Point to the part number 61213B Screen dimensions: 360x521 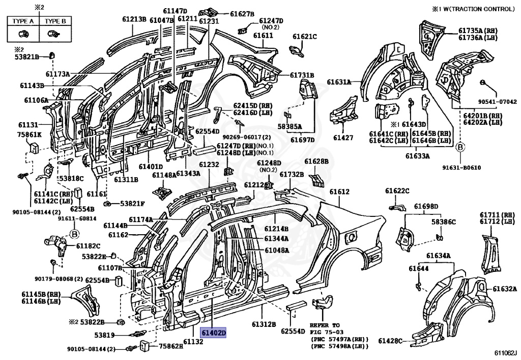tap(134, 19)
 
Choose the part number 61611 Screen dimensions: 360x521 tap(263, 37)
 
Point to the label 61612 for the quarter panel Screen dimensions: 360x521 tap(339, 192)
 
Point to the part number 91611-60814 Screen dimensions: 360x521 tap(77, 218)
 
